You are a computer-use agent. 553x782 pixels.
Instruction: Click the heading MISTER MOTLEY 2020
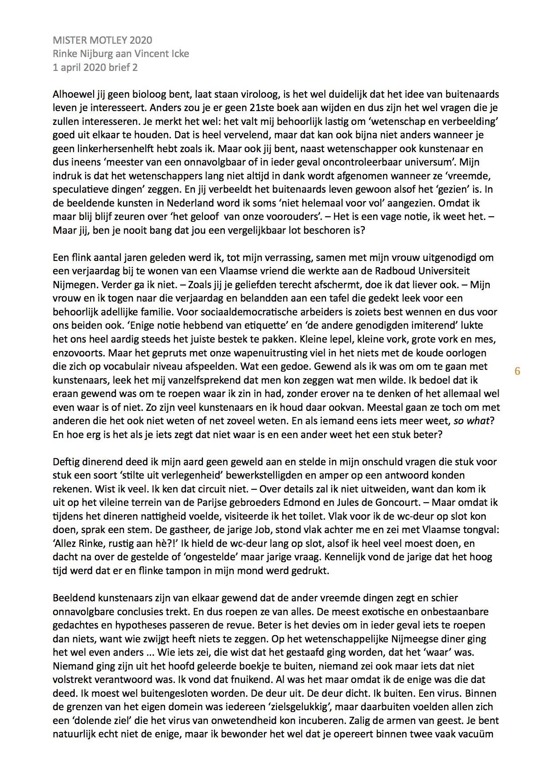click(x=102, y=40)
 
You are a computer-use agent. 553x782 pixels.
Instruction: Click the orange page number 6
click(x=517, y=371)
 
